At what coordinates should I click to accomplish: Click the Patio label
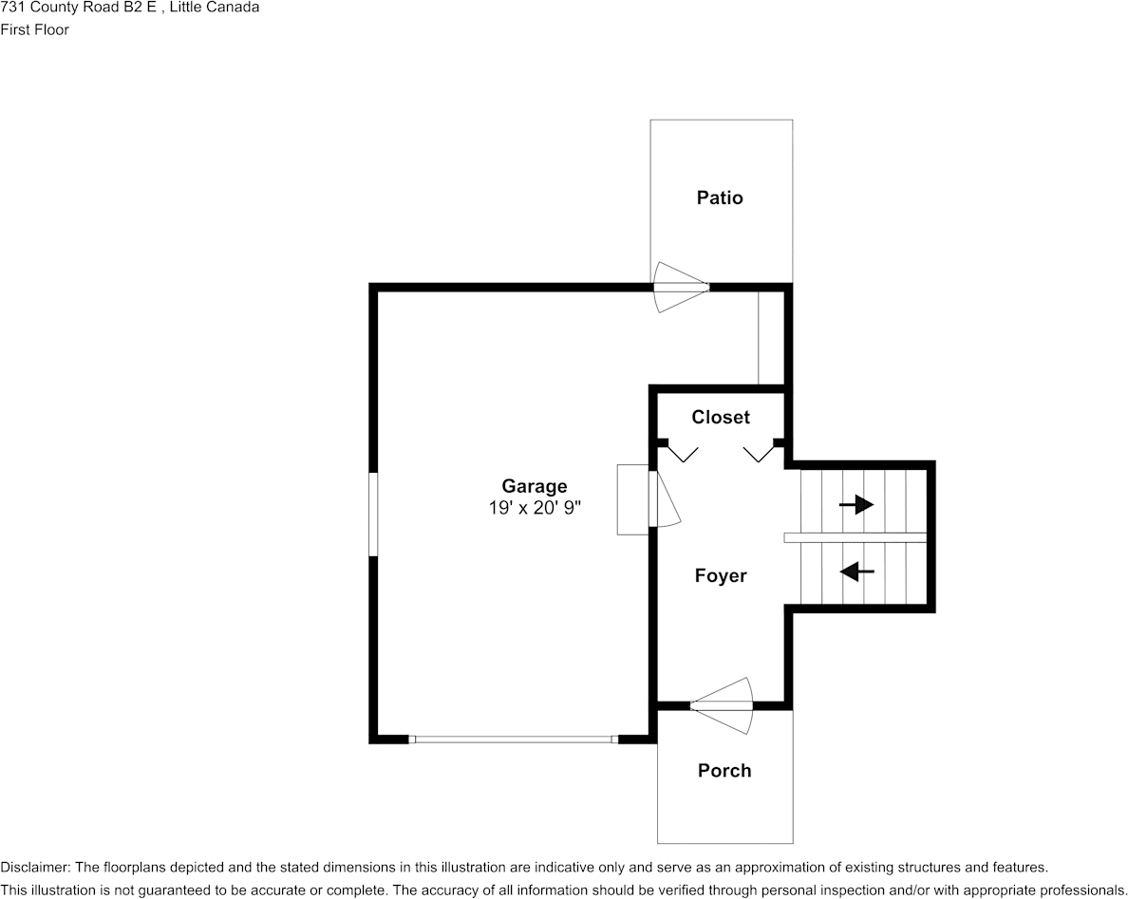(720, 197)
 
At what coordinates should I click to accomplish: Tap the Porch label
(724, 770)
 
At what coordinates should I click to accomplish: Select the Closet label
(720, 417)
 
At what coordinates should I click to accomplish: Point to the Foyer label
(720, 575)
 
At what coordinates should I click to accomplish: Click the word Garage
(535, 486)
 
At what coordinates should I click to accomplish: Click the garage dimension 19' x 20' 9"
(535, 508)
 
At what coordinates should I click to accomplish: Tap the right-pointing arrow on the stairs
(856, 505)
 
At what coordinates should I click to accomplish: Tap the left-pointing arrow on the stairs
(856, 571)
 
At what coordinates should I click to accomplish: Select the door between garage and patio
(681, 287)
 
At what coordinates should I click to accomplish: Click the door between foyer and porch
(722, 706)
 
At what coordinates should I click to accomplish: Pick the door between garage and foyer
(663, 499)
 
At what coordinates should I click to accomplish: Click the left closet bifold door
(681, 453)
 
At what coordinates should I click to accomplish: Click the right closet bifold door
(759, 453)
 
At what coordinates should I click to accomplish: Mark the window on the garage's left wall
(372, 514)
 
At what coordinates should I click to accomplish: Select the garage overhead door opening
(514, 739)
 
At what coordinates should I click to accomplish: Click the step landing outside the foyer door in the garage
(633, 499)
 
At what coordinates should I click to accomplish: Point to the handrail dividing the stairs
(855, 537)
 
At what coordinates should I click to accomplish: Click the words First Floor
(34, 29)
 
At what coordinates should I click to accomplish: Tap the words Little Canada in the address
(215, 8)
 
